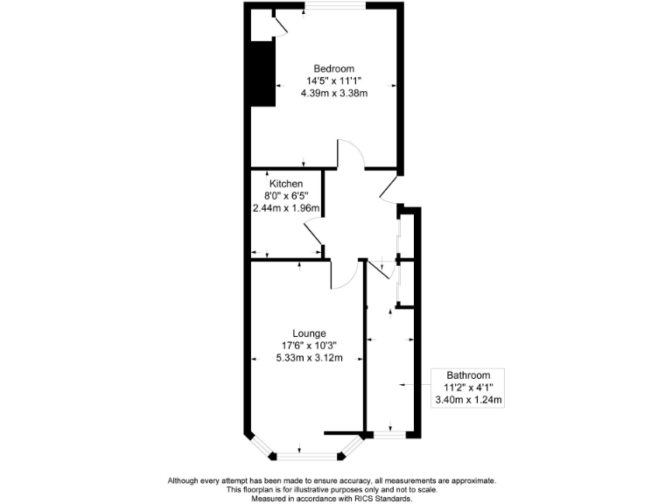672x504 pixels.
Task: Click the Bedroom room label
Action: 335,68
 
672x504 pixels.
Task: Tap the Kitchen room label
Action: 286,184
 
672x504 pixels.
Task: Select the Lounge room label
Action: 304,333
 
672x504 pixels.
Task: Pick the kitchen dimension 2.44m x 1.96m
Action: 286,208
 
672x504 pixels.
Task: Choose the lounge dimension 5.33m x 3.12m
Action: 304,357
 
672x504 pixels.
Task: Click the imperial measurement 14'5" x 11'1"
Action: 335,80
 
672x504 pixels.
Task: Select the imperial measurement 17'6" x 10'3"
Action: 304,345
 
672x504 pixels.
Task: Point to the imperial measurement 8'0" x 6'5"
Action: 286,196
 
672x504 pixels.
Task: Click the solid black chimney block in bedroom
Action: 261,73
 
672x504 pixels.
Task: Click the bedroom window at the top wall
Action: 335,7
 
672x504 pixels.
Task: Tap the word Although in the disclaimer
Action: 187,480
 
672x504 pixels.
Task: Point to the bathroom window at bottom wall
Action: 391,433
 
